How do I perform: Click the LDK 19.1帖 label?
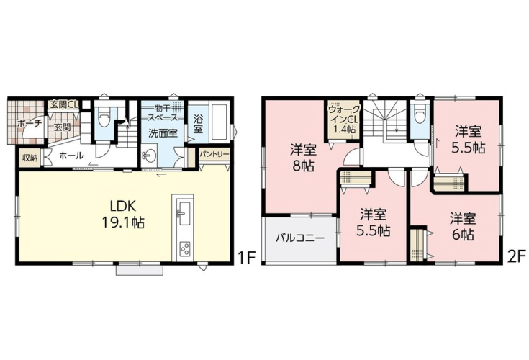click(123, 214)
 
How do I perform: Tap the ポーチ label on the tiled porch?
click(29, 123)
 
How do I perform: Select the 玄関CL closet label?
click(64, 104)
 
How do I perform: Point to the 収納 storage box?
click(30, 158)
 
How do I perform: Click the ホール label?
click(71, 156)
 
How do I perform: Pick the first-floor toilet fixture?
click(102, 117)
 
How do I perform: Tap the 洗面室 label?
click(163, 133)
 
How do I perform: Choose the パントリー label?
click(214, 155)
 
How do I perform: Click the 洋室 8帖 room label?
click(303, 158)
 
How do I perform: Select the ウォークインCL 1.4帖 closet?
click(343, 120)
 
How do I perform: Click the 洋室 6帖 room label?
click(463, 226)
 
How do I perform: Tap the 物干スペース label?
click(163, 113)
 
